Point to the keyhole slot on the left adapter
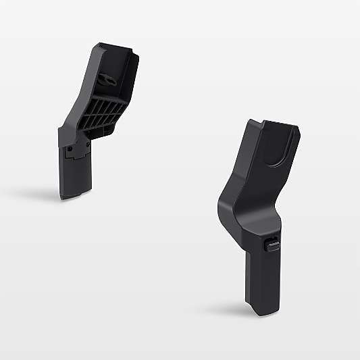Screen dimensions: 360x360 click(105, 80)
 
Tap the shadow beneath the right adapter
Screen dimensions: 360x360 click(236, 312)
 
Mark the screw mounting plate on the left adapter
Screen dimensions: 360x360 click(78, 150)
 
